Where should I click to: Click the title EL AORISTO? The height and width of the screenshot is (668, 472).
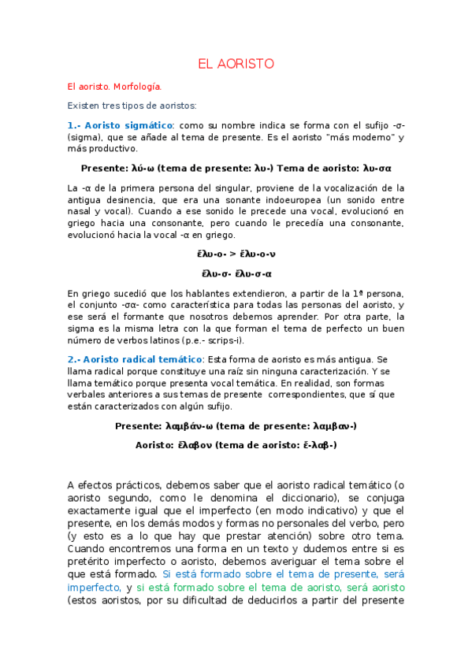tap(236, 63)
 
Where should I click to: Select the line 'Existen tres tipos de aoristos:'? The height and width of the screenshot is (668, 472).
tap(132, 105)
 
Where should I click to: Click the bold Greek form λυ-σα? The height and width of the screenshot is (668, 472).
tap(377, 168)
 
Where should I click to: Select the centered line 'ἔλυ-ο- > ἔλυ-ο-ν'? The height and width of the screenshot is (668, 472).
tap(236, 254)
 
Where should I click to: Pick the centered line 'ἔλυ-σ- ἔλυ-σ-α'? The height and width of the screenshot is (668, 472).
tap(236, 273)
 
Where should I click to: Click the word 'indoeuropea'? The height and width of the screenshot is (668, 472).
tap(301, 200)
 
